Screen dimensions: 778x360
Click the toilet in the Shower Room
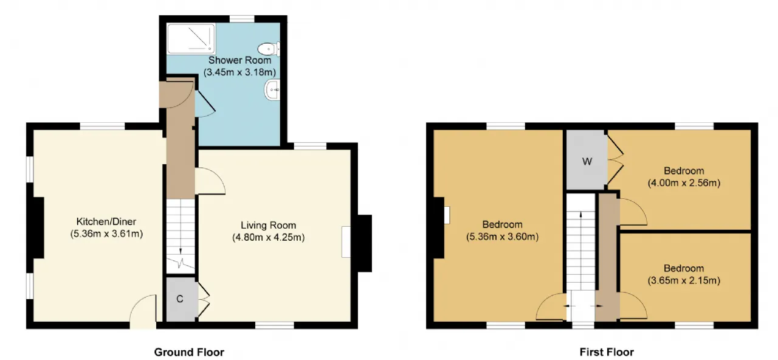click(x=269, y=49)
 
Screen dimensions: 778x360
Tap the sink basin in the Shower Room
click(x=273, y=89)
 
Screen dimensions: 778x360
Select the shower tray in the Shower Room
click(x=191, y=38)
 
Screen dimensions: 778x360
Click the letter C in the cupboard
click(x=179, y=299)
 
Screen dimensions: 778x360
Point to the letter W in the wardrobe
click(x=587, y=162)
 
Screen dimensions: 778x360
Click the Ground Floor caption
click(x=189, y=352)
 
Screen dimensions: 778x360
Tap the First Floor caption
click(x=607, y=352)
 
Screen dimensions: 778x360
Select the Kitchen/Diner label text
click(x=106, y=221)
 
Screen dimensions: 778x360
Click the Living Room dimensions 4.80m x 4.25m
click(x=269, y=237)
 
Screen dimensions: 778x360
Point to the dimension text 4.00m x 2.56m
click(x=684, y=183)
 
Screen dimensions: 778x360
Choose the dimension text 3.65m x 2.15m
click(x=684, y=280)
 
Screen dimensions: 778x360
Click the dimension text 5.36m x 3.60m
click(x=502, y=237)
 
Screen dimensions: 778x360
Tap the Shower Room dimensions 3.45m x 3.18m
click(x=239, y=72)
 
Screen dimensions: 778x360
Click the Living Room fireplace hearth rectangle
click(x=346, y=242)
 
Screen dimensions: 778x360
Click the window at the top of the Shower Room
click(x=242, y=19)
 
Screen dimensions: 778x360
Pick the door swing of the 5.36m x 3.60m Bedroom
click(x=551, y=306)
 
